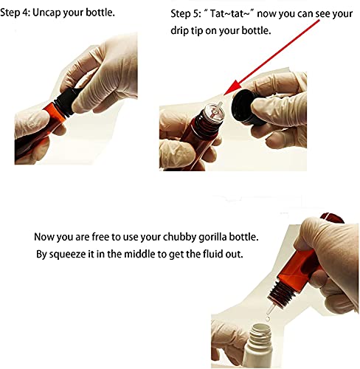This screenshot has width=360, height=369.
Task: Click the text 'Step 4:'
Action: tap(15, 13)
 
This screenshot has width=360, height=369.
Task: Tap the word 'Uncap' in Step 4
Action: tap(46, 13)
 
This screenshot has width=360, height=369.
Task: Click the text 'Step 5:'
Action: tap(186, 13)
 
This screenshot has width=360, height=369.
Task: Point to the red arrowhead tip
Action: tap(224, 95)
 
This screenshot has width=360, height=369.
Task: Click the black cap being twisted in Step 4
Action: tap(66, 102)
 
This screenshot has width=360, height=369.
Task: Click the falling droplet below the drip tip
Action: tap(267, 319)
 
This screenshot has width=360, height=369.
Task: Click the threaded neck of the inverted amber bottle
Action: tap(280, 291)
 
